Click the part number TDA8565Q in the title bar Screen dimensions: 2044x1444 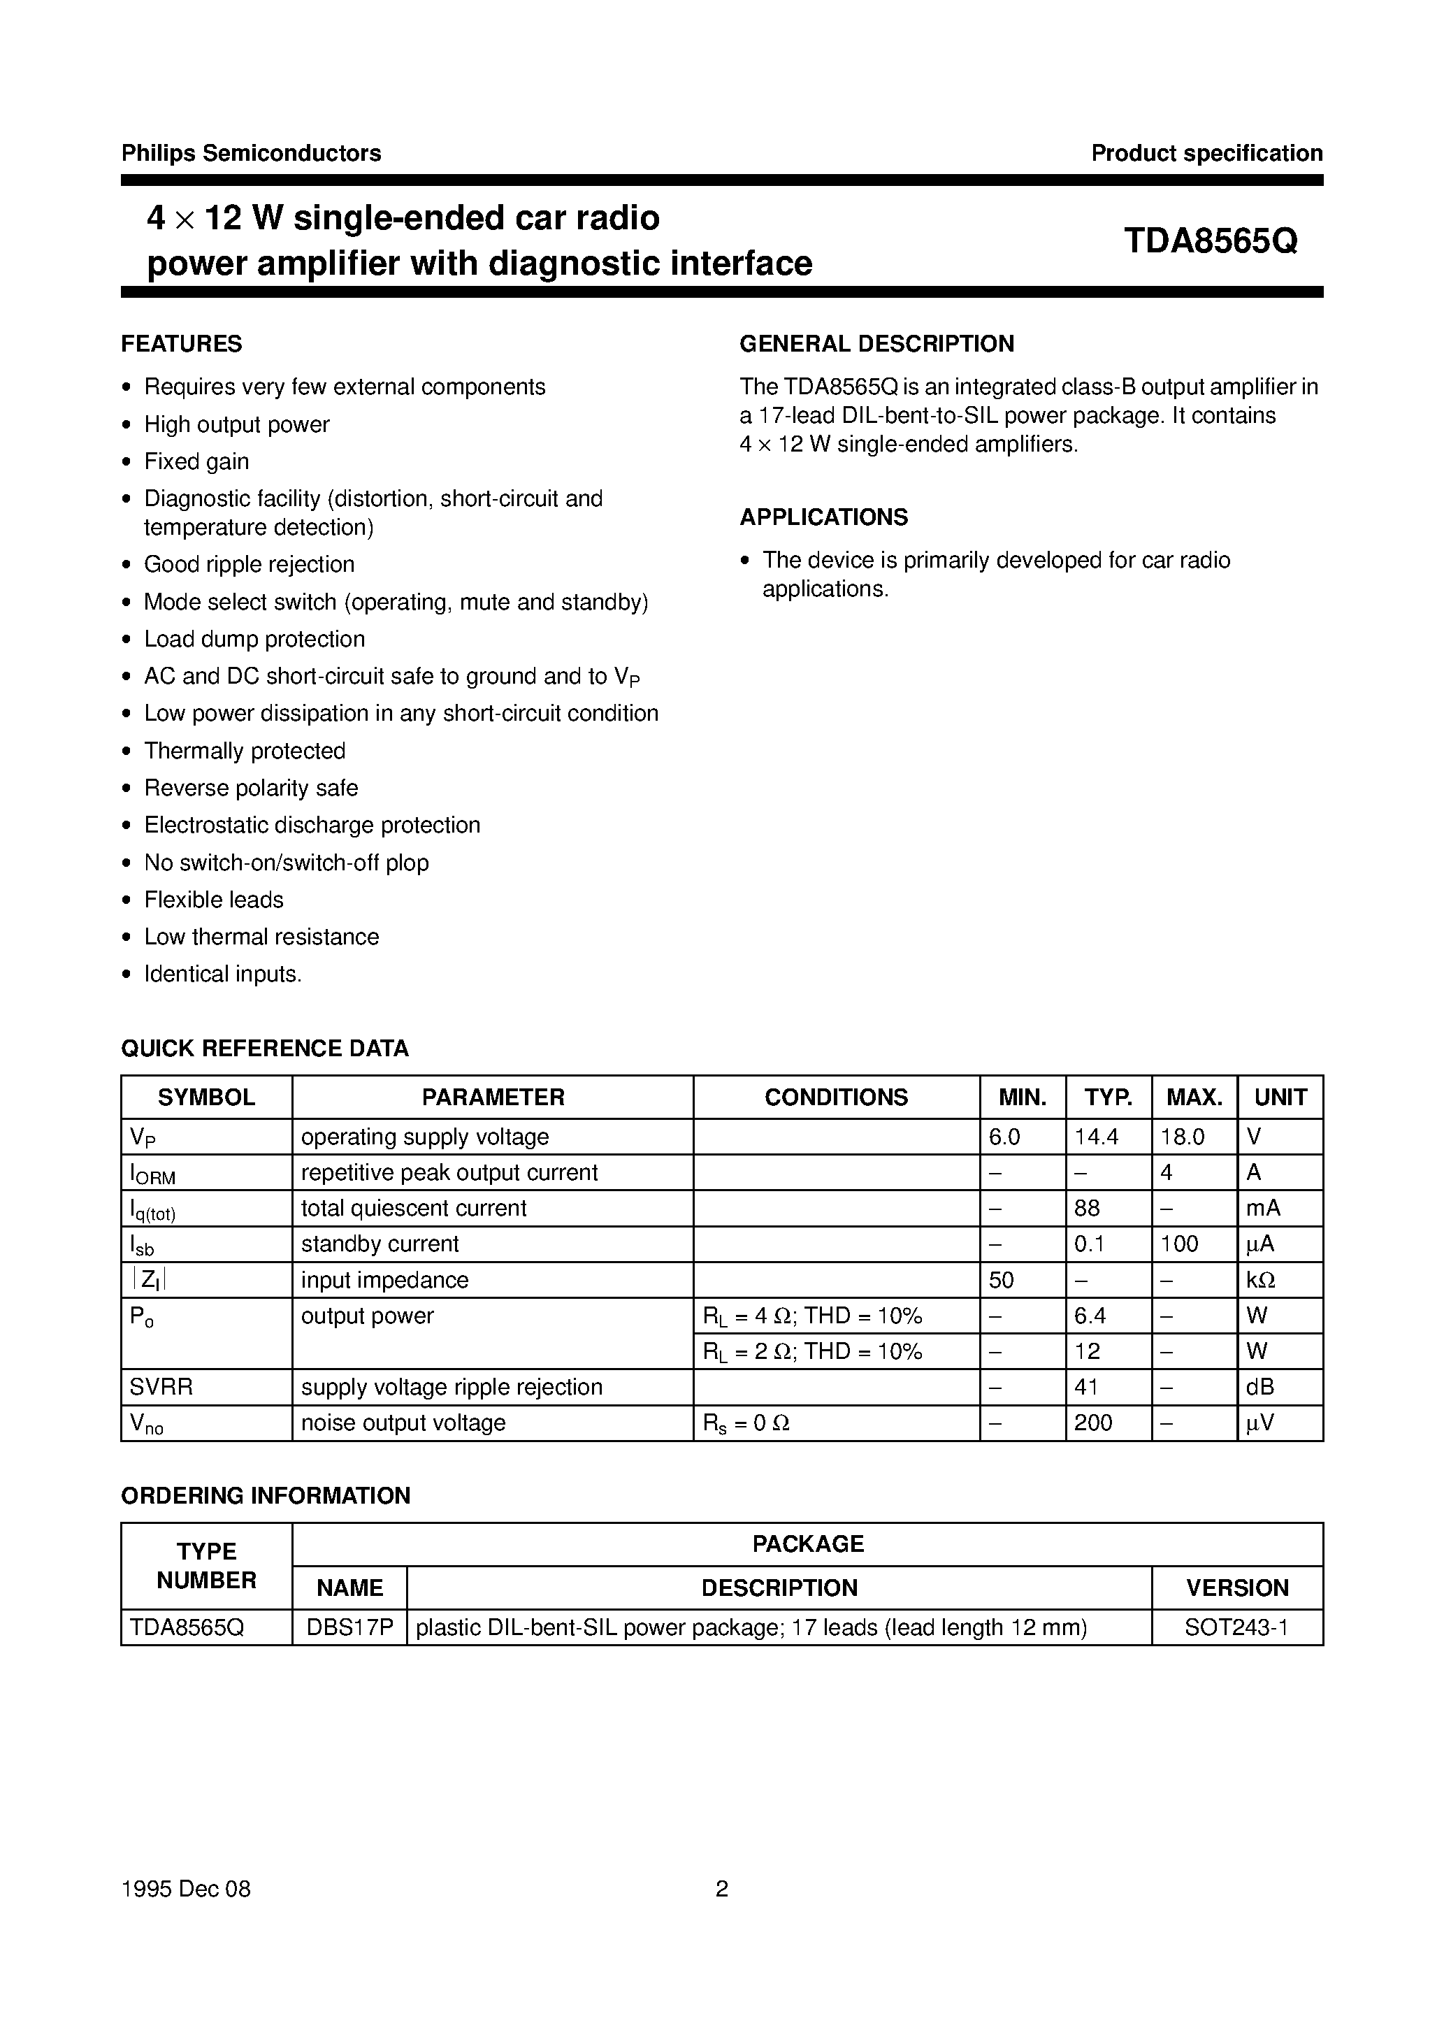pos(1210,241)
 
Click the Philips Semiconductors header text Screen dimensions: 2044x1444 pos(251,153)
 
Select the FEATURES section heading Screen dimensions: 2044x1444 pos(182,344)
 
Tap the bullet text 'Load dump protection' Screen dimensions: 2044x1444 pos(254,639)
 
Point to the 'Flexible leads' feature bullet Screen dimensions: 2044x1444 pos(214,900)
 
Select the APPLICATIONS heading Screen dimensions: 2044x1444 pos(823,517)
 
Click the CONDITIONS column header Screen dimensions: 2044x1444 pos(836,1097)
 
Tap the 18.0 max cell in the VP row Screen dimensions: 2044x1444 pos(1183,1137)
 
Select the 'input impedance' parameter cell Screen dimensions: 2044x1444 pos(384,1280)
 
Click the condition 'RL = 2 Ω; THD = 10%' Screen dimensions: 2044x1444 pos(812,1351)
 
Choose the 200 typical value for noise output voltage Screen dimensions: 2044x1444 pos(1093,1423)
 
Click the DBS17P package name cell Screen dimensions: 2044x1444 pos(349,1627)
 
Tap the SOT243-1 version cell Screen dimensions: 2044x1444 pos(1236,1627)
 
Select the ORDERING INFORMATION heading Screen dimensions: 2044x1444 pos(266,1496)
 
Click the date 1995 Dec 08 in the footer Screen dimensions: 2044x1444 pos(186,1888)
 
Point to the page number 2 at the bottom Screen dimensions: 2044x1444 pos(722,1888)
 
